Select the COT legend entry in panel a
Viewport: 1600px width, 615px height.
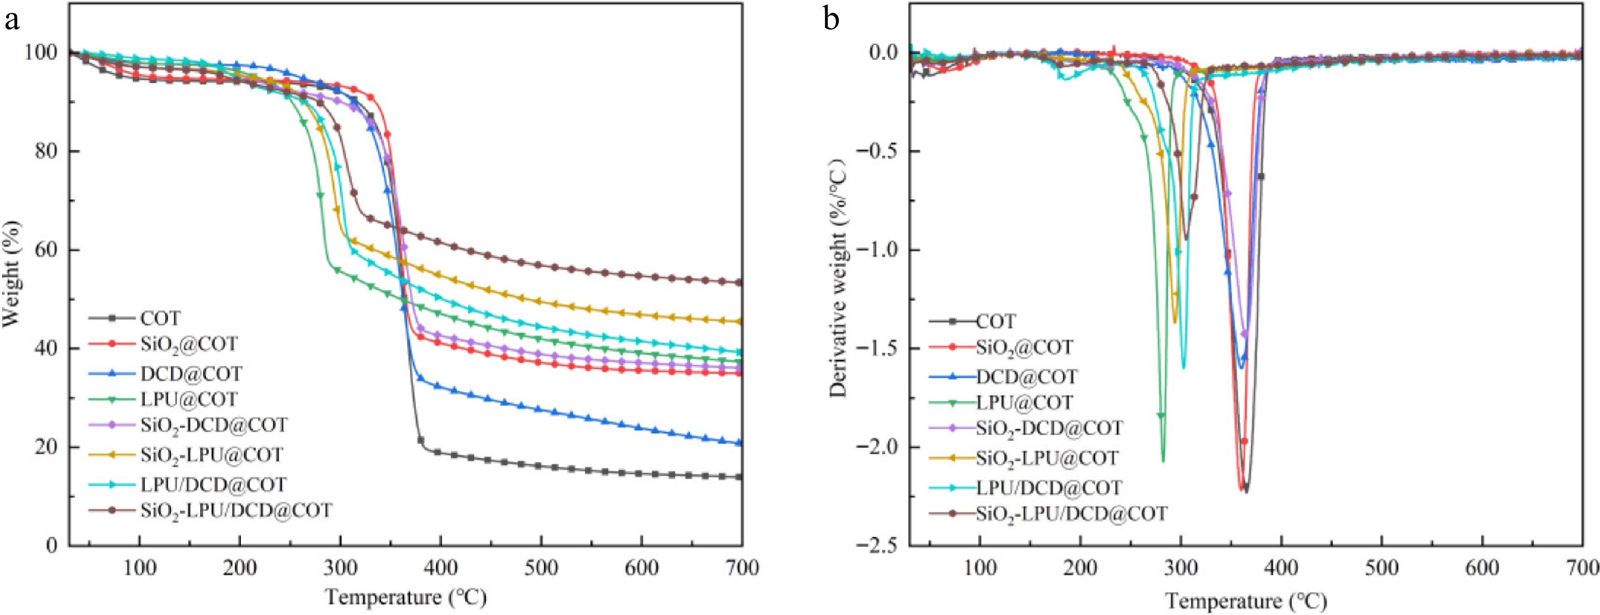click(160, 319)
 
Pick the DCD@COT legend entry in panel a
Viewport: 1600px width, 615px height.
click(190, 373)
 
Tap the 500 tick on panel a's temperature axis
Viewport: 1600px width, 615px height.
click(541, 568)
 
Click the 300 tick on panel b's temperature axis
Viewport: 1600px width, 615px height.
click(1181, 568)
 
